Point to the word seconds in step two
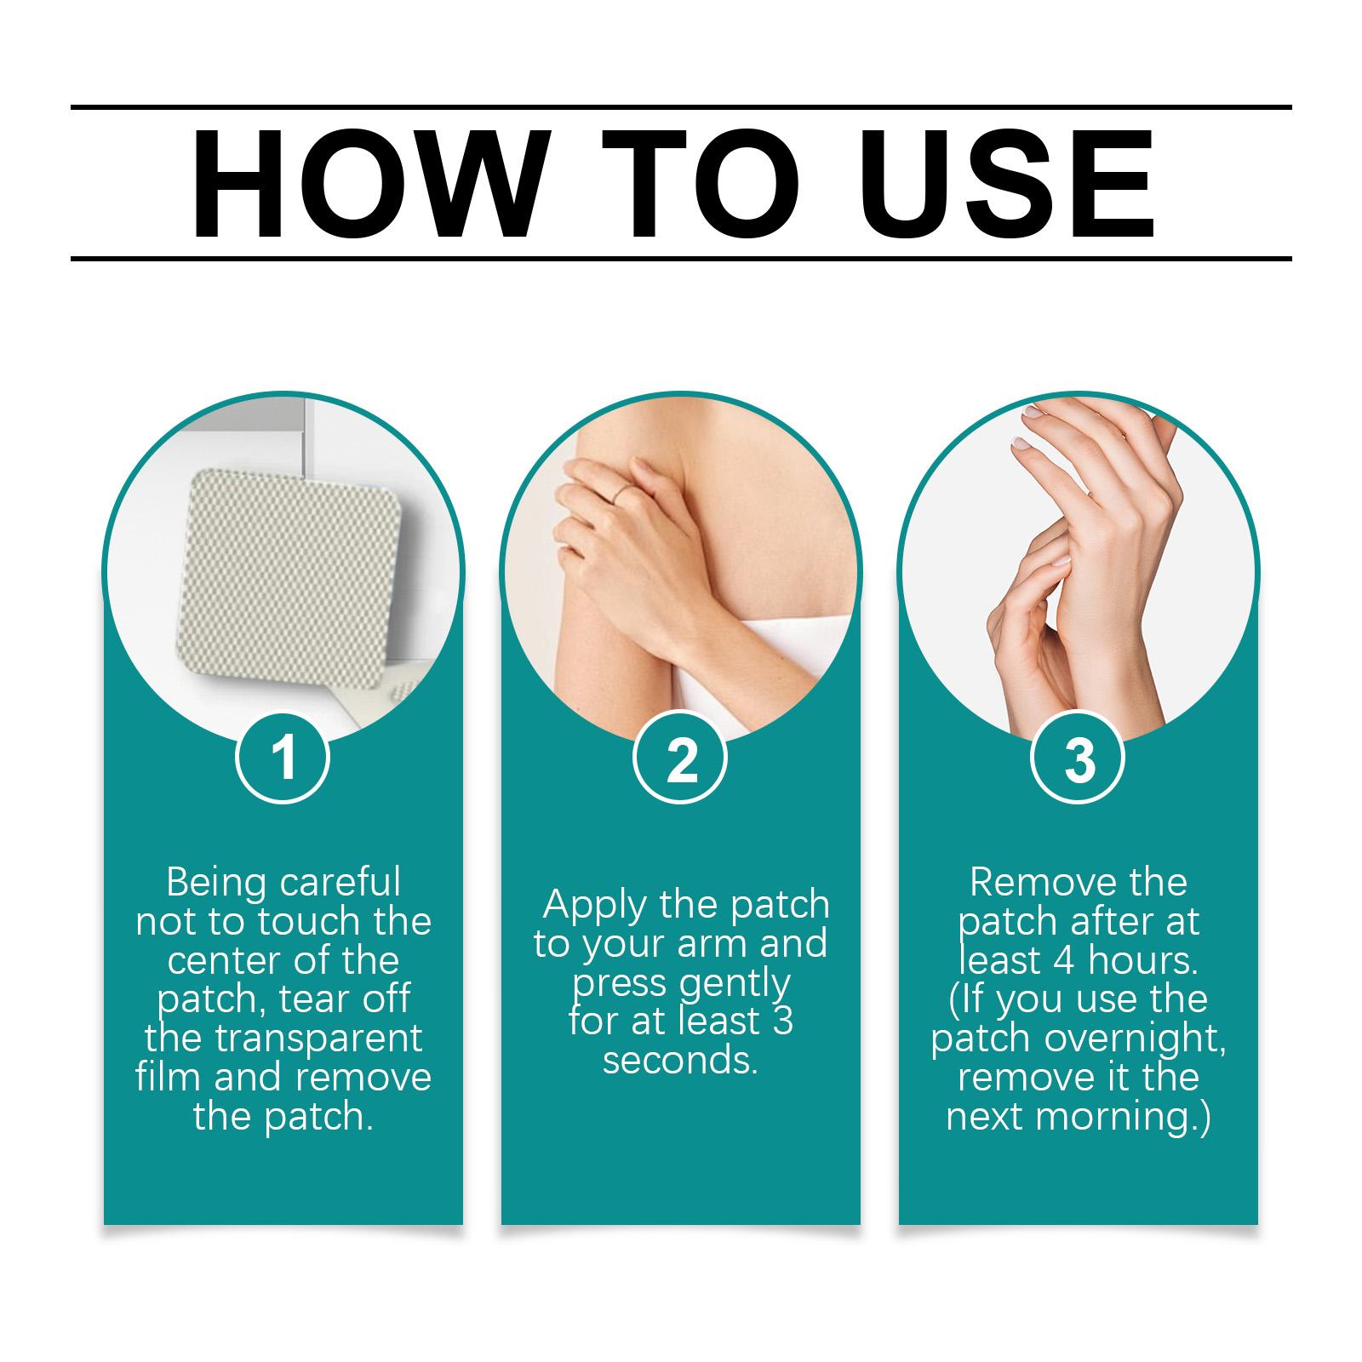[679, 1061]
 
